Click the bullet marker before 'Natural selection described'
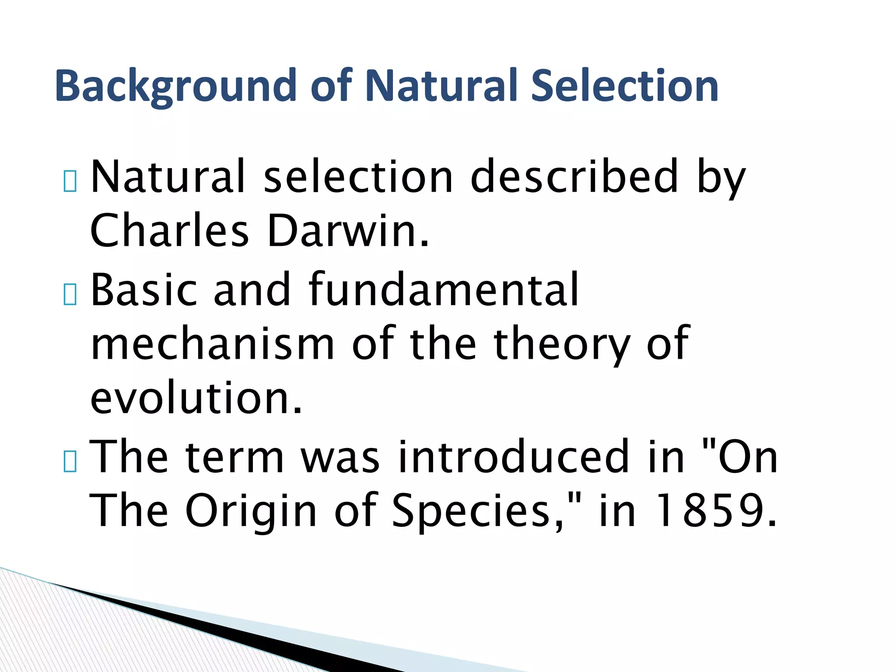click(70, 181)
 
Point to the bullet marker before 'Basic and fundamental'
click(70, 294)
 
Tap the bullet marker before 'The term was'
click(70, 461)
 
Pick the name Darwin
click(348, 231)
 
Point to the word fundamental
click(444, 290)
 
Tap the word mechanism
click(213, 345)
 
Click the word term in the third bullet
click(234, 458)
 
